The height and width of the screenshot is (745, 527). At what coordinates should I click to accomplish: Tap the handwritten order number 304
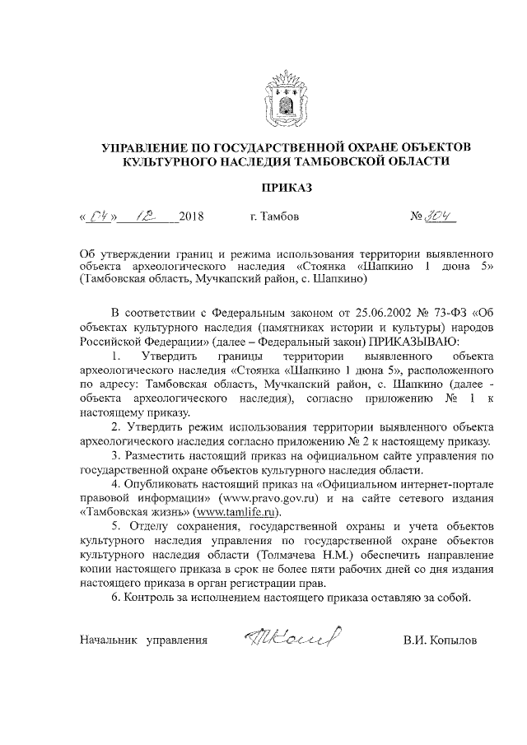click(441, 217)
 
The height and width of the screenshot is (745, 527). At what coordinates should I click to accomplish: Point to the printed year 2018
click(190, 218)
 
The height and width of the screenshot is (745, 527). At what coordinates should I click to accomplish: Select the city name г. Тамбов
click(274, 218)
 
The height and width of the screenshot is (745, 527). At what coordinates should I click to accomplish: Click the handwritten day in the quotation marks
click(99, 217)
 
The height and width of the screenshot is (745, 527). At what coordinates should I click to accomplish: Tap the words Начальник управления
click(142, 640)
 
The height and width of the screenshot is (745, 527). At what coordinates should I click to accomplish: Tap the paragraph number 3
click(115, 455)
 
